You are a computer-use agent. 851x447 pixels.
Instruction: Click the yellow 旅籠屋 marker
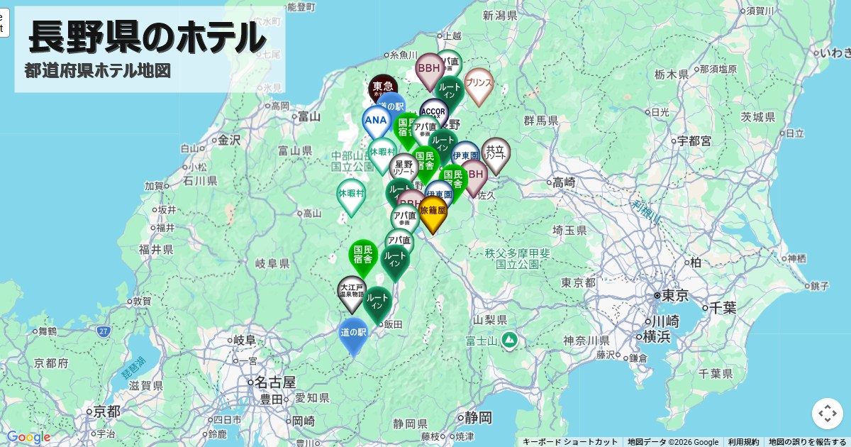point(433,212)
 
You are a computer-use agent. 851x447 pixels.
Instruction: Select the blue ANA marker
point(376,121)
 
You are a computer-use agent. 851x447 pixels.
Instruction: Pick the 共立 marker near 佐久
point(496,153)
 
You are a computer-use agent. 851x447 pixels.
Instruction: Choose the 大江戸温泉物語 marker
point(352,292)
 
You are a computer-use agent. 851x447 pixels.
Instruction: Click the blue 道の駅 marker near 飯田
point(353,333)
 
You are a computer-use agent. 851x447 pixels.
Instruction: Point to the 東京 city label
point(674,296)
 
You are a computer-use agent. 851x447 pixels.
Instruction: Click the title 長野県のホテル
point(148,37)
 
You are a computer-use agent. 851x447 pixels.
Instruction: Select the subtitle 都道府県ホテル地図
point(97,71)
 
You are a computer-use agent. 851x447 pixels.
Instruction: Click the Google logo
point(28,437)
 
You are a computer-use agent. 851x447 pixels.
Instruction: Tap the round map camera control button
point(827,413)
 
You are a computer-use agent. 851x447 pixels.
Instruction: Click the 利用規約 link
point(743,442)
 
